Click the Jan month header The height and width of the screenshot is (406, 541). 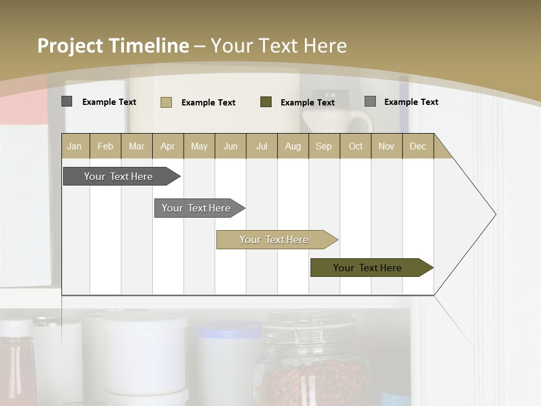click(x=75, y=146)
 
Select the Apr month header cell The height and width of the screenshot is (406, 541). click(x=168, y=146)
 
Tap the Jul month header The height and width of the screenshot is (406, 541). click(x=261, y=146)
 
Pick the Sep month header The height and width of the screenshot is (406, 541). click(x=323, y=146)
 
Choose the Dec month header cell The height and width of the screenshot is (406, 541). click(x=418, y=146)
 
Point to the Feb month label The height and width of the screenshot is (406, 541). click(x=105, y=146)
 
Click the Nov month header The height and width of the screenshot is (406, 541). click(x=387, y=146)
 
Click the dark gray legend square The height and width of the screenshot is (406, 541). click(x=67, y=101)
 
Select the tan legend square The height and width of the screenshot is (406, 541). click(x=166, y=102)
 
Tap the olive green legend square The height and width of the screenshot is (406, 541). click(x=266, y=102)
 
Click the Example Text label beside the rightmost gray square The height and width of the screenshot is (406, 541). click(x=411, y=101)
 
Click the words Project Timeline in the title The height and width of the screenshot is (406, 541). click(x=113, y=46)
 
